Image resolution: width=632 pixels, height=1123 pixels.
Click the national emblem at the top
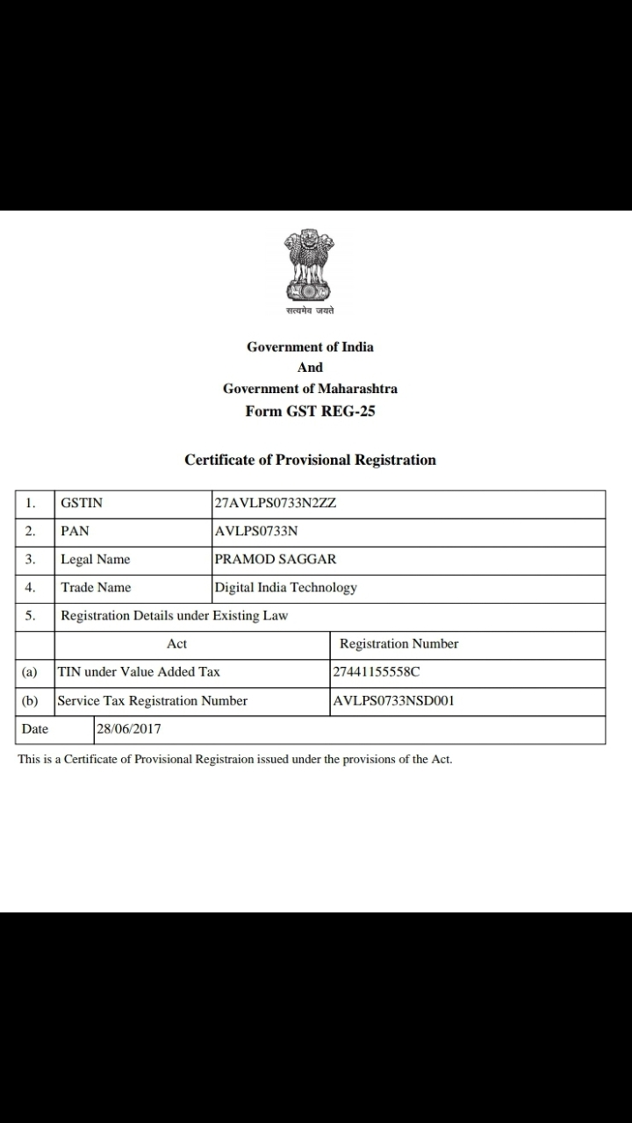point(309,268)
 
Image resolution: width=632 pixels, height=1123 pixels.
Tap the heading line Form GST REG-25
point(310,411)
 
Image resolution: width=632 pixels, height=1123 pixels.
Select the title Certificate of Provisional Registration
point(310,460)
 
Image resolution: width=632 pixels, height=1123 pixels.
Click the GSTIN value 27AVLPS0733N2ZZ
point(276,504)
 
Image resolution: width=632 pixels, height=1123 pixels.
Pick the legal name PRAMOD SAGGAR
point(275,560)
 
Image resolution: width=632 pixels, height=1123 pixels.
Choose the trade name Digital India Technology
point(285,588)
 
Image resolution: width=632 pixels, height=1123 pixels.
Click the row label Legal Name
point(95,560)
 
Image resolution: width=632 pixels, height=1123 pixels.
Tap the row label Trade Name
point(96,588)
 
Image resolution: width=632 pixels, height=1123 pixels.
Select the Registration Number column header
point(399,644)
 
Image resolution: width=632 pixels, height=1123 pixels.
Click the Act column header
point(176,644)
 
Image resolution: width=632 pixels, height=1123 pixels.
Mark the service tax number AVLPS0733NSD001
point(393,701)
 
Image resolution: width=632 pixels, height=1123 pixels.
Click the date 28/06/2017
point(129,729)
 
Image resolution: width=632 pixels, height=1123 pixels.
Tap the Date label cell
point(35,729)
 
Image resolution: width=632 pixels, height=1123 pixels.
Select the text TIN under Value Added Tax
point(139,672)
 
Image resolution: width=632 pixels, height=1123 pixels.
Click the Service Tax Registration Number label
point(152,701)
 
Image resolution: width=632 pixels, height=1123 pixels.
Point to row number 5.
point(31,616)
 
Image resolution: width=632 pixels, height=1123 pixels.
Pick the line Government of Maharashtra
point(310,389)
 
